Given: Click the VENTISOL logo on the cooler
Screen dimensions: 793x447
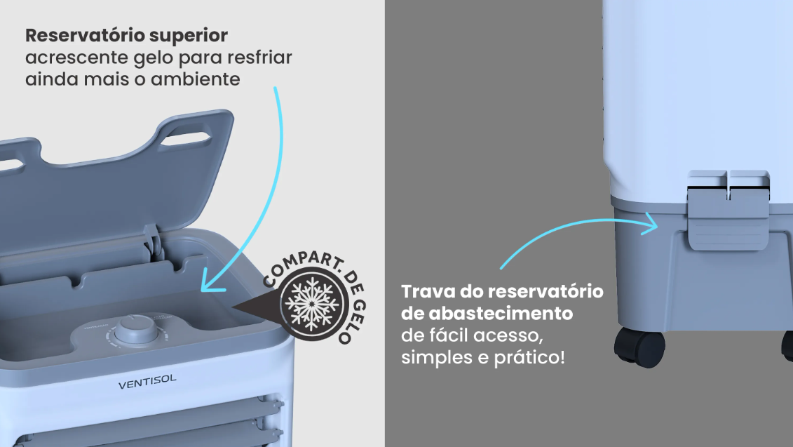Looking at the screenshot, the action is [147, 382].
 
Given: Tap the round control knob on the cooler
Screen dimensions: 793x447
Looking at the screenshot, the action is [136, 330].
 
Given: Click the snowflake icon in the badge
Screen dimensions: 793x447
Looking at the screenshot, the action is [312, 302].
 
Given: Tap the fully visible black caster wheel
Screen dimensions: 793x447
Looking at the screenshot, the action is [639, 347].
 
